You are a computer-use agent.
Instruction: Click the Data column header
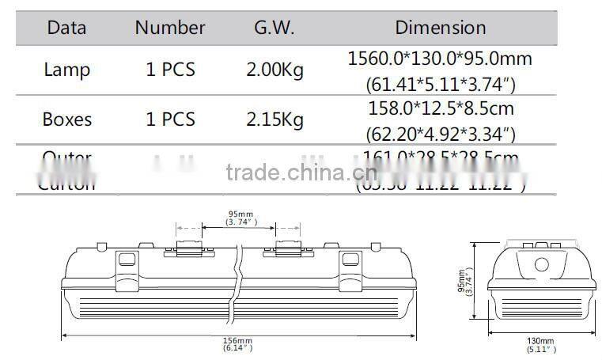66,28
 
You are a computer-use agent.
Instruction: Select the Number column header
169,28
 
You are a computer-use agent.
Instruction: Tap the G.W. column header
274,28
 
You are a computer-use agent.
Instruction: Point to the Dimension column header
440,28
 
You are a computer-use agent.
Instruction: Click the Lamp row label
66,70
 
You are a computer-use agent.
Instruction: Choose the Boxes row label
66,120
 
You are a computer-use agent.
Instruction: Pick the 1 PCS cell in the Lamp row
169,70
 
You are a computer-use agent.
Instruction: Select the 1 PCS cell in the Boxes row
169,120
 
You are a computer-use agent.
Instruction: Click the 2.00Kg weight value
274,70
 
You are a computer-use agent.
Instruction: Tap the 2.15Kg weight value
274,120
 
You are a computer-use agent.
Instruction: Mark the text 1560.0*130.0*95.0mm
440,59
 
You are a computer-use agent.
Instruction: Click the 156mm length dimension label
237,341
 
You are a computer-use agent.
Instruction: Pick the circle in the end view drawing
543,264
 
